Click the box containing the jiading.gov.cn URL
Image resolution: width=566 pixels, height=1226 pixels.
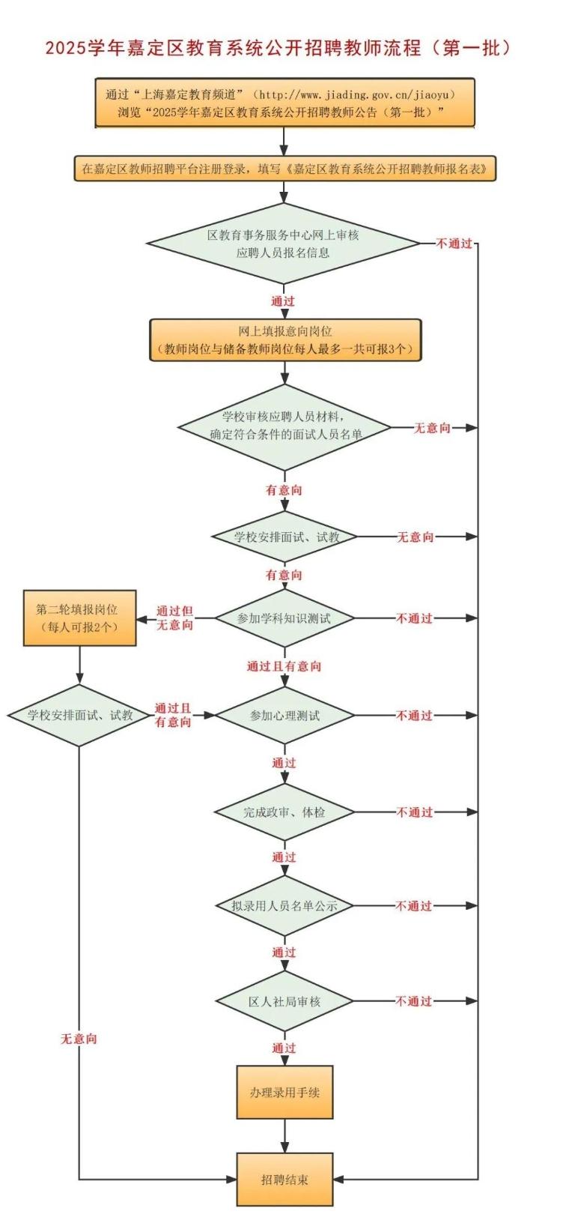click(x=285, y=103)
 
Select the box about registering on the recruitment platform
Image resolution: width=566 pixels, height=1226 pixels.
click(x=285, y=169)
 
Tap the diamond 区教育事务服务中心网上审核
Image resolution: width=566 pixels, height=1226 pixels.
click(x=283, y=244)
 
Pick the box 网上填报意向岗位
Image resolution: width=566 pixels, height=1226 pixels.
click(x=285, y=340)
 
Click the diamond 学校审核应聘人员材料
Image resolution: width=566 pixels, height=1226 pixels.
click(x=285, y=427)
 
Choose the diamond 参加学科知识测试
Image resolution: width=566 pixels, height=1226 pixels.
click(x=284, y=618)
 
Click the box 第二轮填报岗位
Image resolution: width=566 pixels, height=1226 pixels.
click(x=80, y=618)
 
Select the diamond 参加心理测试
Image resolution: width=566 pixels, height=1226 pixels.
click(x=285, y=716)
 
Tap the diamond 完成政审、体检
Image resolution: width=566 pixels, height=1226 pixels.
click(x=284, y=812)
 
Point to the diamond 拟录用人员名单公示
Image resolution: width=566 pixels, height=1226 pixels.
click(x=284, y=906)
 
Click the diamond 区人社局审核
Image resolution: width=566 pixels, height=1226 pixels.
click(x=284, y=1002)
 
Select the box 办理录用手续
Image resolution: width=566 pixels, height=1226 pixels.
click(x=285, y=1093)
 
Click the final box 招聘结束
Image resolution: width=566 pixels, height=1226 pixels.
click(x=285, y=1180)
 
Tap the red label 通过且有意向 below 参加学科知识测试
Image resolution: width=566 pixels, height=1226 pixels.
click(x=284, y=666)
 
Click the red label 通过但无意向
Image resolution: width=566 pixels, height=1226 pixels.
click(x=175, y=618)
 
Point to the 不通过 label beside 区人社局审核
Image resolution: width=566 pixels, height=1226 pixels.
click(x=414, y=1001)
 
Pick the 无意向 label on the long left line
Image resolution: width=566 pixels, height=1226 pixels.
click(x=79, y=1038)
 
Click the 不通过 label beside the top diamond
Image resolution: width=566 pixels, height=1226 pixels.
click(x=454, y=244)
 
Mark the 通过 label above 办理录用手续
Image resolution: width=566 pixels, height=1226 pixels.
click(x=284, y=1048)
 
